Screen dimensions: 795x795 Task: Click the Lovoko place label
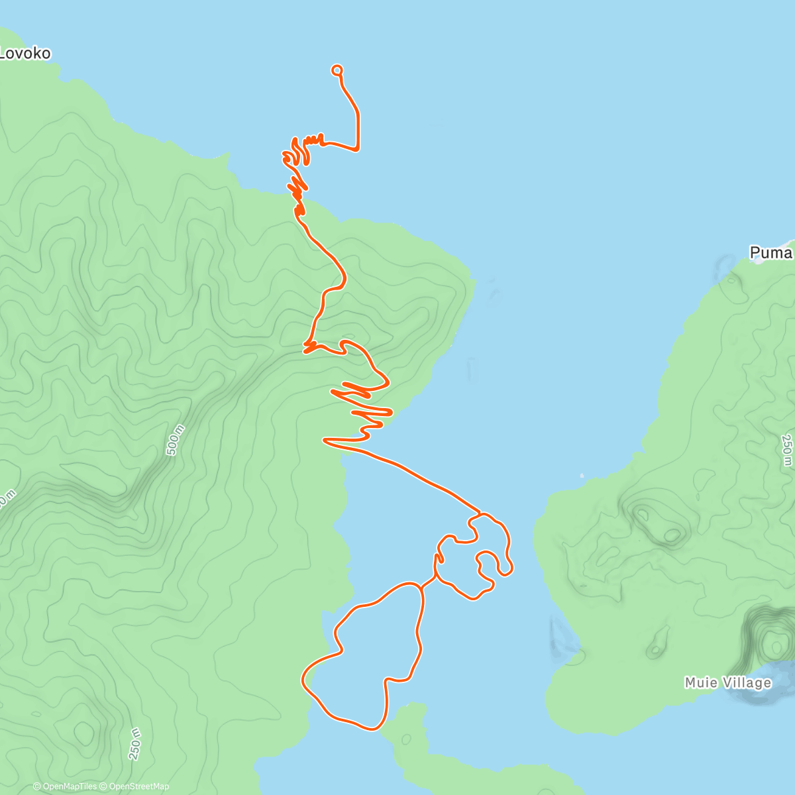25,53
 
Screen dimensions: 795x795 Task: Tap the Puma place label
771,252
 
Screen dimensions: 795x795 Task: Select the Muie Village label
728,682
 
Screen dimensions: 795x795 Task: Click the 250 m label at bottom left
134,743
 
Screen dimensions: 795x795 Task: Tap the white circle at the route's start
337,70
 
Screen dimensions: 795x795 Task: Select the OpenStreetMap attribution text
138,786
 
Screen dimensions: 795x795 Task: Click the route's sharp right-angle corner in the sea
358,148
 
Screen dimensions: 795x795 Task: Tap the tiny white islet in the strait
582,475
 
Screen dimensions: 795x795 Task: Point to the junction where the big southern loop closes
421,586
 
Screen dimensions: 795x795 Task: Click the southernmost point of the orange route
372,729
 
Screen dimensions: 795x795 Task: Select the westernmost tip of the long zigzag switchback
324,439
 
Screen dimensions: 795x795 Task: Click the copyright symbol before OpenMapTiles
38,786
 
